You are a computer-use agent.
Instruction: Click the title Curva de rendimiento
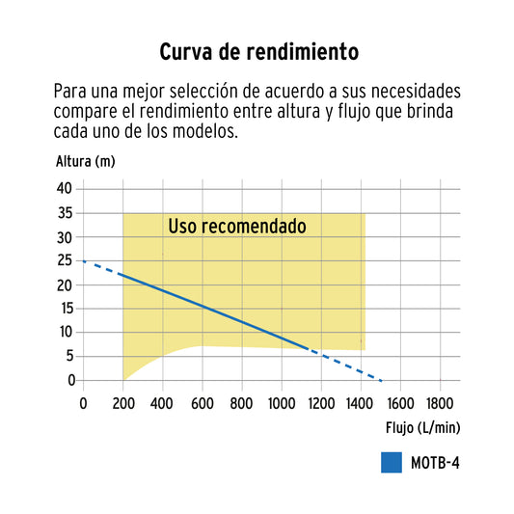tap(257, 50)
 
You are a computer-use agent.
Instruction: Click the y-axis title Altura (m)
tap(85, 160)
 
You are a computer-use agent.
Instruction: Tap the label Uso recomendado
tap(237, 227)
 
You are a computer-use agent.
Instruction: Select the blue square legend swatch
tap(391, 462)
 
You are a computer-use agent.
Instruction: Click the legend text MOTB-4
tap(436, 462)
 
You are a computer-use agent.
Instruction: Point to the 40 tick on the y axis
tap(66, 189)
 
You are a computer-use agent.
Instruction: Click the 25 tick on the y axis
tap(66, 260)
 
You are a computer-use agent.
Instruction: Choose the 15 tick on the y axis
tap(66, 309)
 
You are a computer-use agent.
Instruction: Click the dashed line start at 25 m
tap(84, 261)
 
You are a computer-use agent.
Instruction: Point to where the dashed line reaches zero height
tap(383, 380)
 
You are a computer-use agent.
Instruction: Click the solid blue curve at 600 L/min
tap(202, 305)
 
